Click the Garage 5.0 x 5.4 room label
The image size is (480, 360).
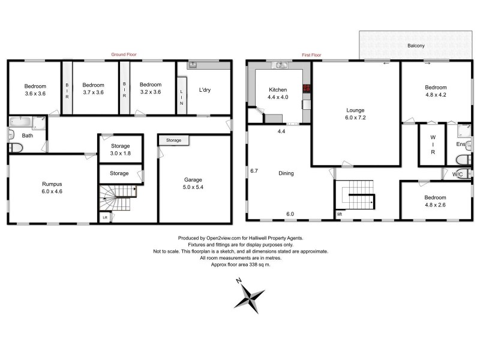point(193,183)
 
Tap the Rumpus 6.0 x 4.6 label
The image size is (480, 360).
point(52,187)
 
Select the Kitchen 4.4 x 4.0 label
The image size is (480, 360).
point(277,94)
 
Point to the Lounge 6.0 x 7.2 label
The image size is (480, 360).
point(356,114)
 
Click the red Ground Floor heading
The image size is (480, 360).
point(124,55)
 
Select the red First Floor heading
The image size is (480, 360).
point(311,55)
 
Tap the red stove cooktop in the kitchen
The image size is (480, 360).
point(307,88)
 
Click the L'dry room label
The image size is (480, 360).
point(205,91)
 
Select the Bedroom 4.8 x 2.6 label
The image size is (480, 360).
point(436,201)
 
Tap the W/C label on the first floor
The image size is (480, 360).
point(458,175)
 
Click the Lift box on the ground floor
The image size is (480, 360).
point(106,217)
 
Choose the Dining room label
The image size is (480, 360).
point(286,173)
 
